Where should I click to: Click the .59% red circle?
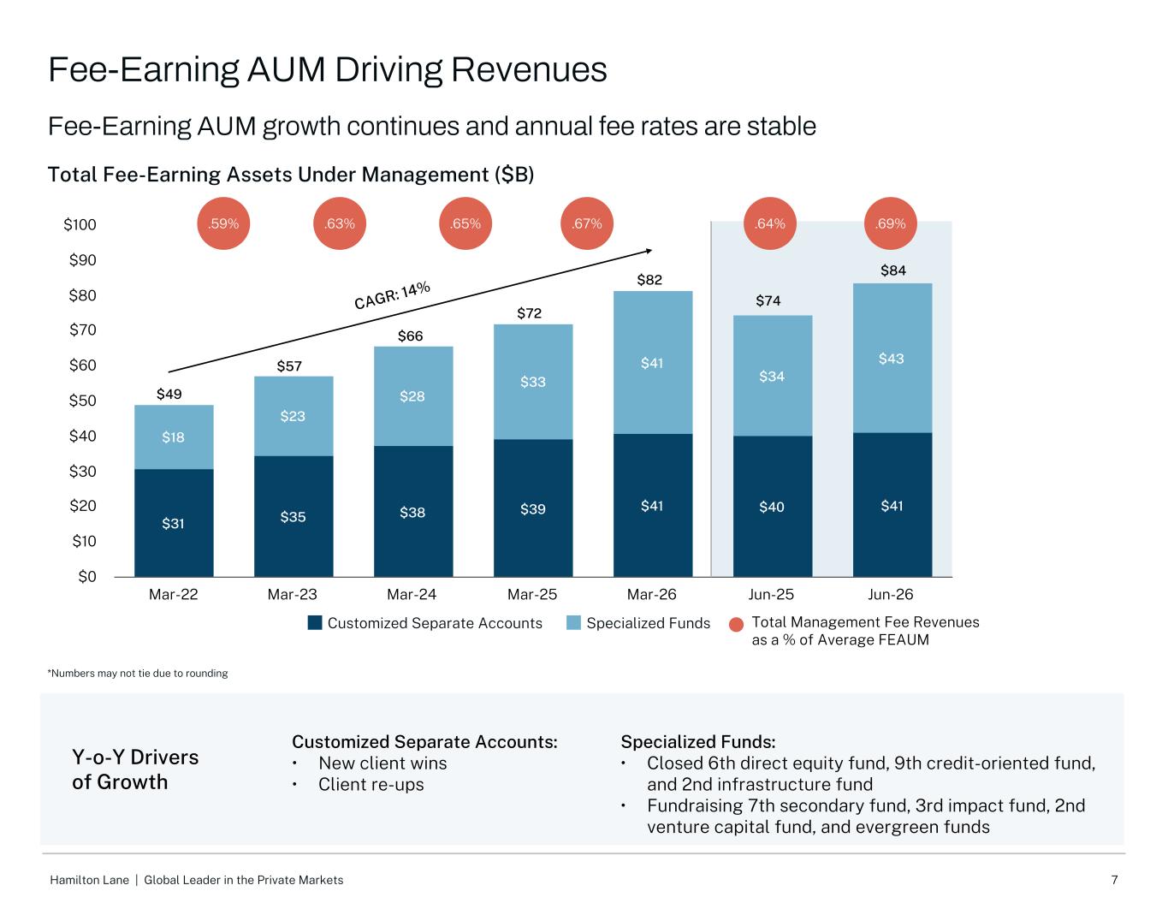223,223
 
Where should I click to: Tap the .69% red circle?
891,223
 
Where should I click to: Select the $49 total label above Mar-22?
169,394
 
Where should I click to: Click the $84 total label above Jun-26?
892,270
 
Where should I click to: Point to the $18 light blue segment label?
173,437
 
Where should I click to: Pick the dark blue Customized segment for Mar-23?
293,516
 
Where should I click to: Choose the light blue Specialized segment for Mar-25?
533,382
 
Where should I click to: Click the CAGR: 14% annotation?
393,295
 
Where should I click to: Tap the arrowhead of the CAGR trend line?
649,251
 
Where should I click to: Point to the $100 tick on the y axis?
80,224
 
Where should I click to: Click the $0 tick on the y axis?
87,577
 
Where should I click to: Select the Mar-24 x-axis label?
412,595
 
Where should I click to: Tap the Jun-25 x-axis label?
771,595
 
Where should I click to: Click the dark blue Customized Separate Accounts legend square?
315,623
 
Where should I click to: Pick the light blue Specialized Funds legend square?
573,623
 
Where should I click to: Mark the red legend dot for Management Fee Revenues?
737,625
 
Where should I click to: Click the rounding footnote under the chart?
138,674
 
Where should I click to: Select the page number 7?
1114,880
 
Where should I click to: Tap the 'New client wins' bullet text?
382,763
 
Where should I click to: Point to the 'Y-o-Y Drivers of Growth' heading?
135,769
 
